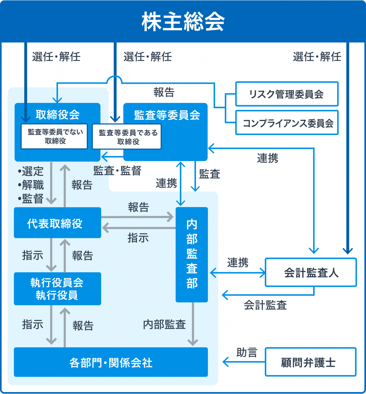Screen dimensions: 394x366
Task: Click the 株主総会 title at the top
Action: pos(183,21)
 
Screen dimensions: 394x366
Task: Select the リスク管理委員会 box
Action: pos(286,94)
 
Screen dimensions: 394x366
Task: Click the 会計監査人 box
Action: pos(311,272)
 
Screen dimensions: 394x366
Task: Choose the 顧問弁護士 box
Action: pos(310,362)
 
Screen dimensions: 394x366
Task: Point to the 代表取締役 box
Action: pos(57,223)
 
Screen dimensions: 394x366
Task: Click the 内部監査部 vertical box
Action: pos(192,254)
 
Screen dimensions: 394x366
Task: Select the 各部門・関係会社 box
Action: pos(111,362)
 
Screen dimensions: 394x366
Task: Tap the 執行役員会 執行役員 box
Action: pos(57,289)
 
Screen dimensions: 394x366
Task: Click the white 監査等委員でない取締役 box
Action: pos(54,136)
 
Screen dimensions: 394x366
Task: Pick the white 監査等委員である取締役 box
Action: pos(127,137)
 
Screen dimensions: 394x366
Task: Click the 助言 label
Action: pos(247,352)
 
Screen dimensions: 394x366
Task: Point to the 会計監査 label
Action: pos(265,305)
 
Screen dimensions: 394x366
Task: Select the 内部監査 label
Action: pos(164,324)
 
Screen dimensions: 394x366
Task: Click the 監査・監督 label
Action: pos(117,171)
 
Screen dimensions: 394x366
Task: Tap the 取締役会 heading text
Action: pos(57,114)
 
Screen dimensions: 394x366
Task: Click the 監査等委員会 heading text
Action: pos(167,115)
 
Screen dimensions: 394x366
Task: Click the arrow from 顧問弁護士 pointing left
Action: pos(243,362)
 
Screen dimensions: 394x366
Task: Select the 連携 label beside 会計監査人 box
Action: pos(238,262)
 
